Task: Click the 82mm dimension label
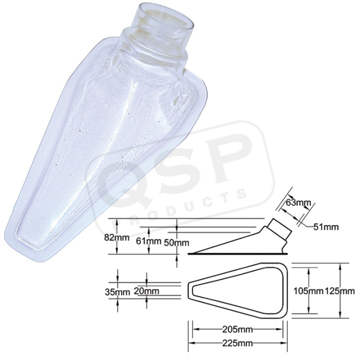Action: point(117,237)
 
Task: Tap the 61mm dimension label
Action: point(148,241)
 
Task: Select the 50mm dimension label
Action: point(176,242)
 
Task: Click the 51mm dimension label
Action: point(326,227)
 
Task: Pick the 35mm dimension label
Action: point(117,292)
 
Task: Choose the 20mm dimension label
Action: point(146,291)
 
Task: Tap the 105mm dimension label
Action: point(308,291)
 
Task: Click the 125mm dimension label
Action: point(340,291)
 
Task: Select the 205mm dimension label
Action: point(237,329)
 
